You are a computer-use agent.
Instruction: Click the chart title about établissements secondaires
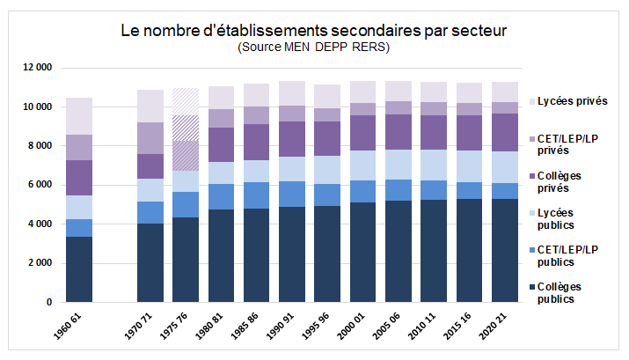click(313, 31)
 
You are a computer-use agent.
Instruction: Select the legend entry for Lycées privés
click(572, 101)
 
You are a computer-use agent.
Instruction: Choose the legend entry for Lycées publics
click(572, 219)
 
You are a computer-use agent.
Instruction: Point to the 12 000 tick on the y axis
click(38, 68)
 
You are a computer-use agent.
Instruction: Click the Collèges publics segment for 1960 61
click(79, 269)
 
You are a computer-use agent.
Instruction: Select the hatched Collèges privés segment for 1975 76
click(185, 155)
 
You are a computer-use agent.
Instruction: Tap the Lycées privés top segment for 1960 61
click(79, 115)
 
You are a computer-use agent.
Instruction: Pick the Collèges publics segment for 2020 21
click(505, 250)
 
